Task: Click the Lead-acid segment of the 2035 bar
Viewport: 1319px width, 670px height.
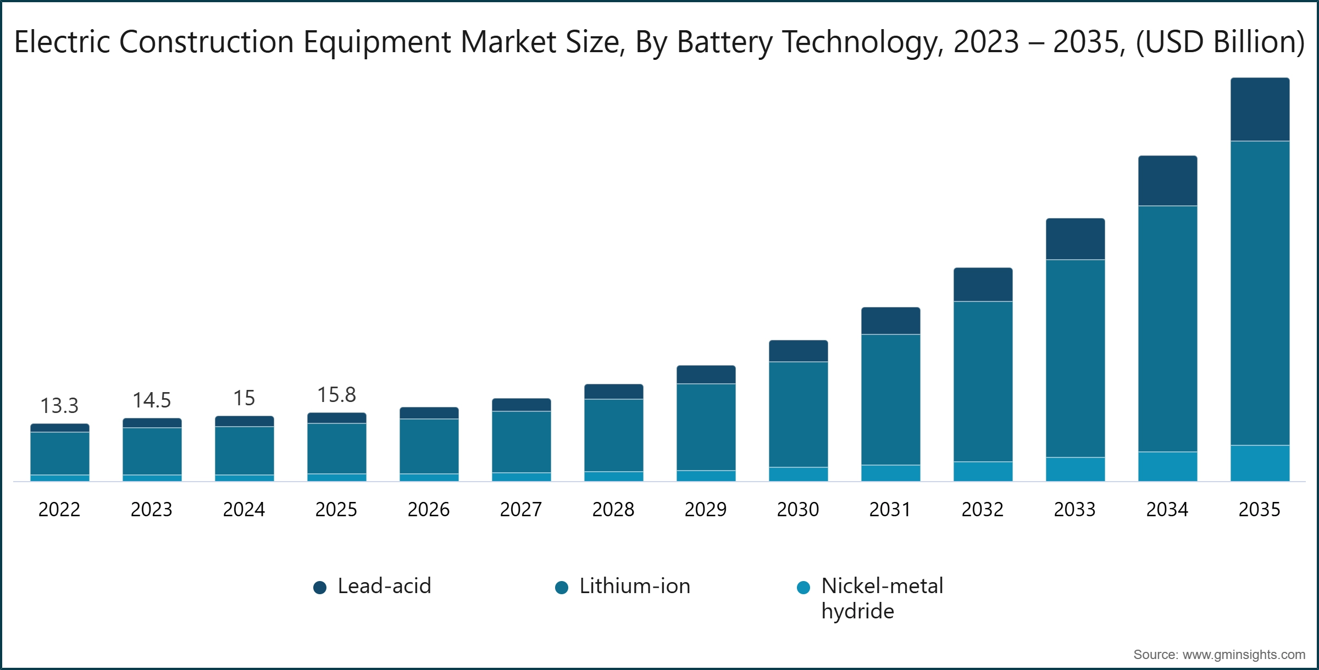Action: [1260, 110]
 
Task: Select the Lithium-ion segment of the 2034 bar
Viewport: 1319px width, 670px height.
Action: [1167, 328]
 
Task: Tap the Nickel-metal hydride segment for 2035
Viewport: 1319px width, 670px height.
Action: [1260, 463]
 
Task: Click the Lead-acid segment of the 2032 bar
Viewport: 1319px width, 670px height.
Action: [983, 284]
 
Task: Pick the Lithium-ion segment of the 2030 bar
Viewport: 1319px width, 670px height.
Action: [798, 414]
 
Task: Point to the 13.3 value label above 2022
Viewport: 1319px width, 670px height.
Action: [59, 406]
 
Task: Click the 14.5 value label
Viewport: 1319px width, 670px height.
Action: [152, 400]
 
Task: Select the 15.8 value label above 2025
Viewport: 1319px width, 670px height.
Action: [336, 395]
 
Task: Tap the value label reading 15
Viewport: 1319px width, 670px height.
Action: [244, 398]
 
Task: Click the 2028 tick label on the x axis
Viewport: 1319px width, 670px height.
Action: [613, 510]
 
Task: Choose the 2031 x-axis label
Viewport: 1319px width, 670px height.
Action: [890, 510]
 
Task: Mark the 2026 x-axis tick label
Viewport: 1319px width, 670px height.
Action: [429, 510]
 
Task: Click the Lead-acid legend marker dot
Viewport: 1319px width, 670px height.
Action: [320, 588]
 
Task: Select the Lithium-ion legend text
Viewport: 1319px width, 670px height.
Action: [635, 586]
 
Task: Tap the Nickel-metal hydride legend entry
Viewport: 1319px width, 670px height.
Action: [882, 598]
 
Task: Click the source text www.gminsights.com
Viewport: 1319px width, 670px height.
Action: [1243, 655]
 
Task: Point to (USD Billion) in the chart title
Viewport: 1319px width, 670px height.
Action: [1220, 42]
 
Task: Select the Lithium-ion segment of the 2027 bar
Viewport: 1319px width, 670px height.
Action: [521, 442]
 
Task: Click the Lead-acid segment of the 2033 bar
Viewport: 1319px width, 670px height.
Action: [1075, 239]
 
